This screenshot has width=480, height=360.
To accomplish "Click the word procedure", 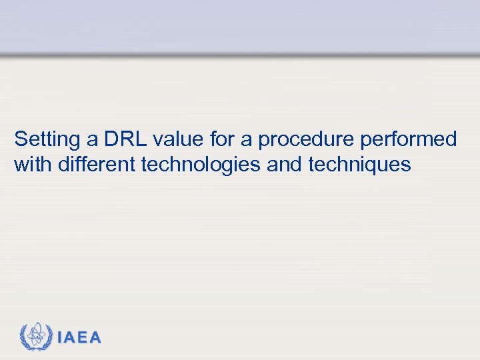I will pyautogui.click(x=304, y=141).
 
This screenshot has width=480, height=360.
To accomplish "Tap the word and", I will pyautogui.click(x=283, y=164).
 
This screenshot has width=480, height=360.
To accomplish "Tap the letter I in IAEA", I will pyautogui.click(x=60, y=338).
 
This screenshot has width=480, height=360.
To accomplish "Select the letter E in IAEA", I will pyautogui.click(x=82, y=338).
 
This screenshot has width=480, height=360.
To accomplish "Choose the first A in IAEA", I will pyautogui.click(x=69, y=338).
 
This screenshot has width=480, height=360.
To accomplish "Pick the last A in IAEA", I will pyautogui.click(x=95, y=338).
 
